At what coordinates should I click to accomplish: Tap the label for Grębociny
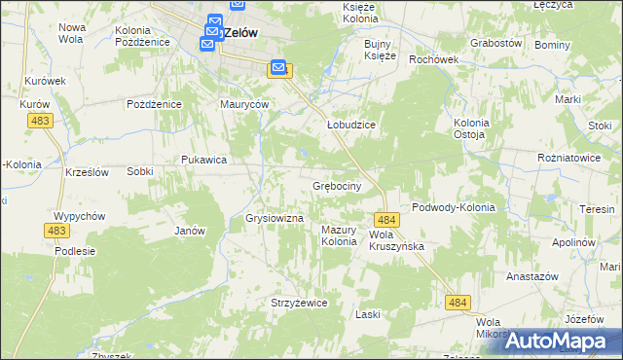tap(338, 185)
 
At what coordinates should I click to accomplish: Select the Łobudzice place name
tap(350, 126)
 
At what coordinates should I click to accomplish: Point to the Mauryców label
tap(243, 104)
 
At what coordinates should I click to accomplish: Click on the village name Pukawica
tap(204, 160)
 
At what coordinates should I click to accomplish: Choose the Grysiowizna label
tap(276, 219)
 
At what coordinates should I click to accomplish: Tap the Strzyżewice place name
tap(299, 303)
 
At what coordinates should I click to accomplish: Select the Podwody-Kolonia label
tap(454, 207)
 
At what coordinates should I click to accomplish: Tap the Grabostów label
tap(496, 44)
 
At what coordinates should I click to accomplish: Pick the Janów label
tap(190, 231)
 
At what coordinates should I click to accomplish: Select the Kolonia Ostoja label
tap(474, 128)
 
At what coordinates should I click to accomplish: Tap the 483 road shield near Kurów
tap(41, 120)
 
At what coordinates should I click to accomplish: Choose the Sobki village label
tap(139, 171)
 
